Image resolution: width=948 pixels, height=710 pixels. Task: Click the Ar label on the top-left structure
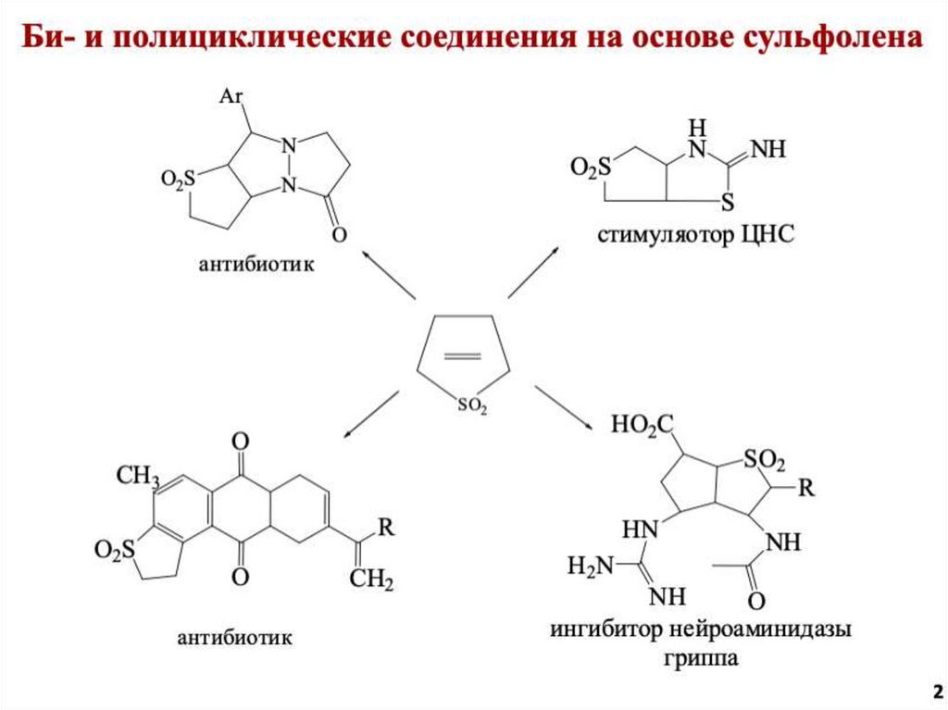click(231, 95)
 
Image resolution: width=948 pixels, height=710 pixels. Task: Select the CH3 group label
click(138, 476)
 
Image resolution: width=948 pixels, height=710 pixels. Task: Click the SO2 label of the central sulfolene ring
click(470, 405)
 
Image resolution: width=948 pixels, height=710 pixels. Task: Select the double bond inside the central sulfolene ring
click(463, 355)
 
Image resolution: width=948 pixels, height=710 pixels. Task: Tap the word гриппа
click(701, 659)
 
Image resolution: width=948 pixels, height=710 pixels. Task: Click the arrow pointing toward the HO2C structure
click(566, 408)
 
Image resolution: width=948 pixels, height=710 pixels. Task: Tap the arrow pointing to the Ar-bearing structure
click(387, 274)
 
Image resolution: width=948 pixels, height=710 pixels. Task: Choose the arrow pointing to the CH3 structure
click(371, 412)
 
